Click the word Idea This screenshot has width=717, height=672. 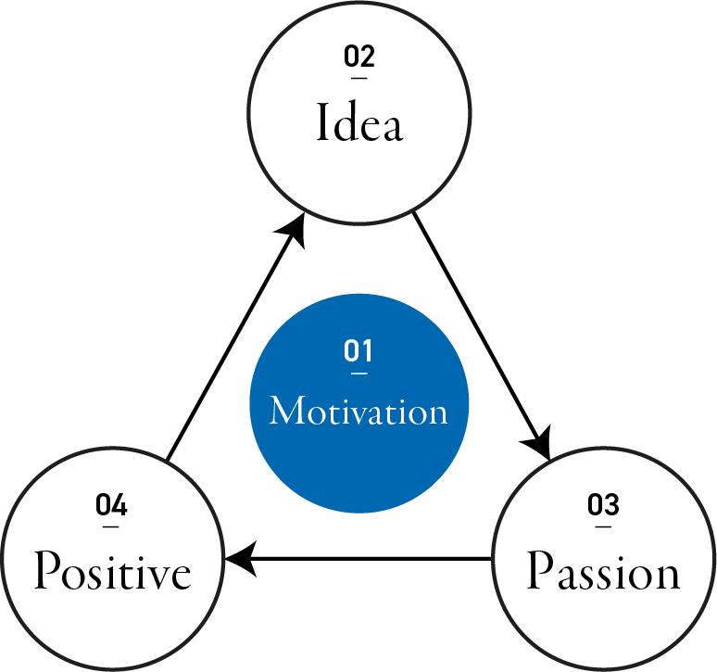pos(359,123)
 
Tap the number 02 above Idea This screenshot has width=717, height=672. pos(359,57)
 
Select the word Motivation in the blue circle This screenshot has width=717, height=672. pos(358,411)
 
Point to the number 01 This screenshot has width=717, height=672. pos(358,352)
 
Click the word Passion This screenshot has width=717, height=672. pos(603,573)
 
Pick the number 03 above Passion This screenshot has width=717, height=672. pos(603,506)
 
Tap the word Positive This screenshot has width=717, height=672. pos(113,573)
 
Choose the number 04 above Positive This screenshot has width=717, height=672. pos(112,506)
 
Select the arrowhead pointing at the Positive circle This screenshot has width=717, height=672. pos(239,559)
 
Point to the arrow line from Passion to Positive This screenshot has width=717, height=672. pos(371,559)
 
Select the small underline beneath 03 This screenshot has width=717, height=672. pos(603,526)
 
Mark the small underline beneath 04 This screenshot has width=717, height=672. pos(112,526)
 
